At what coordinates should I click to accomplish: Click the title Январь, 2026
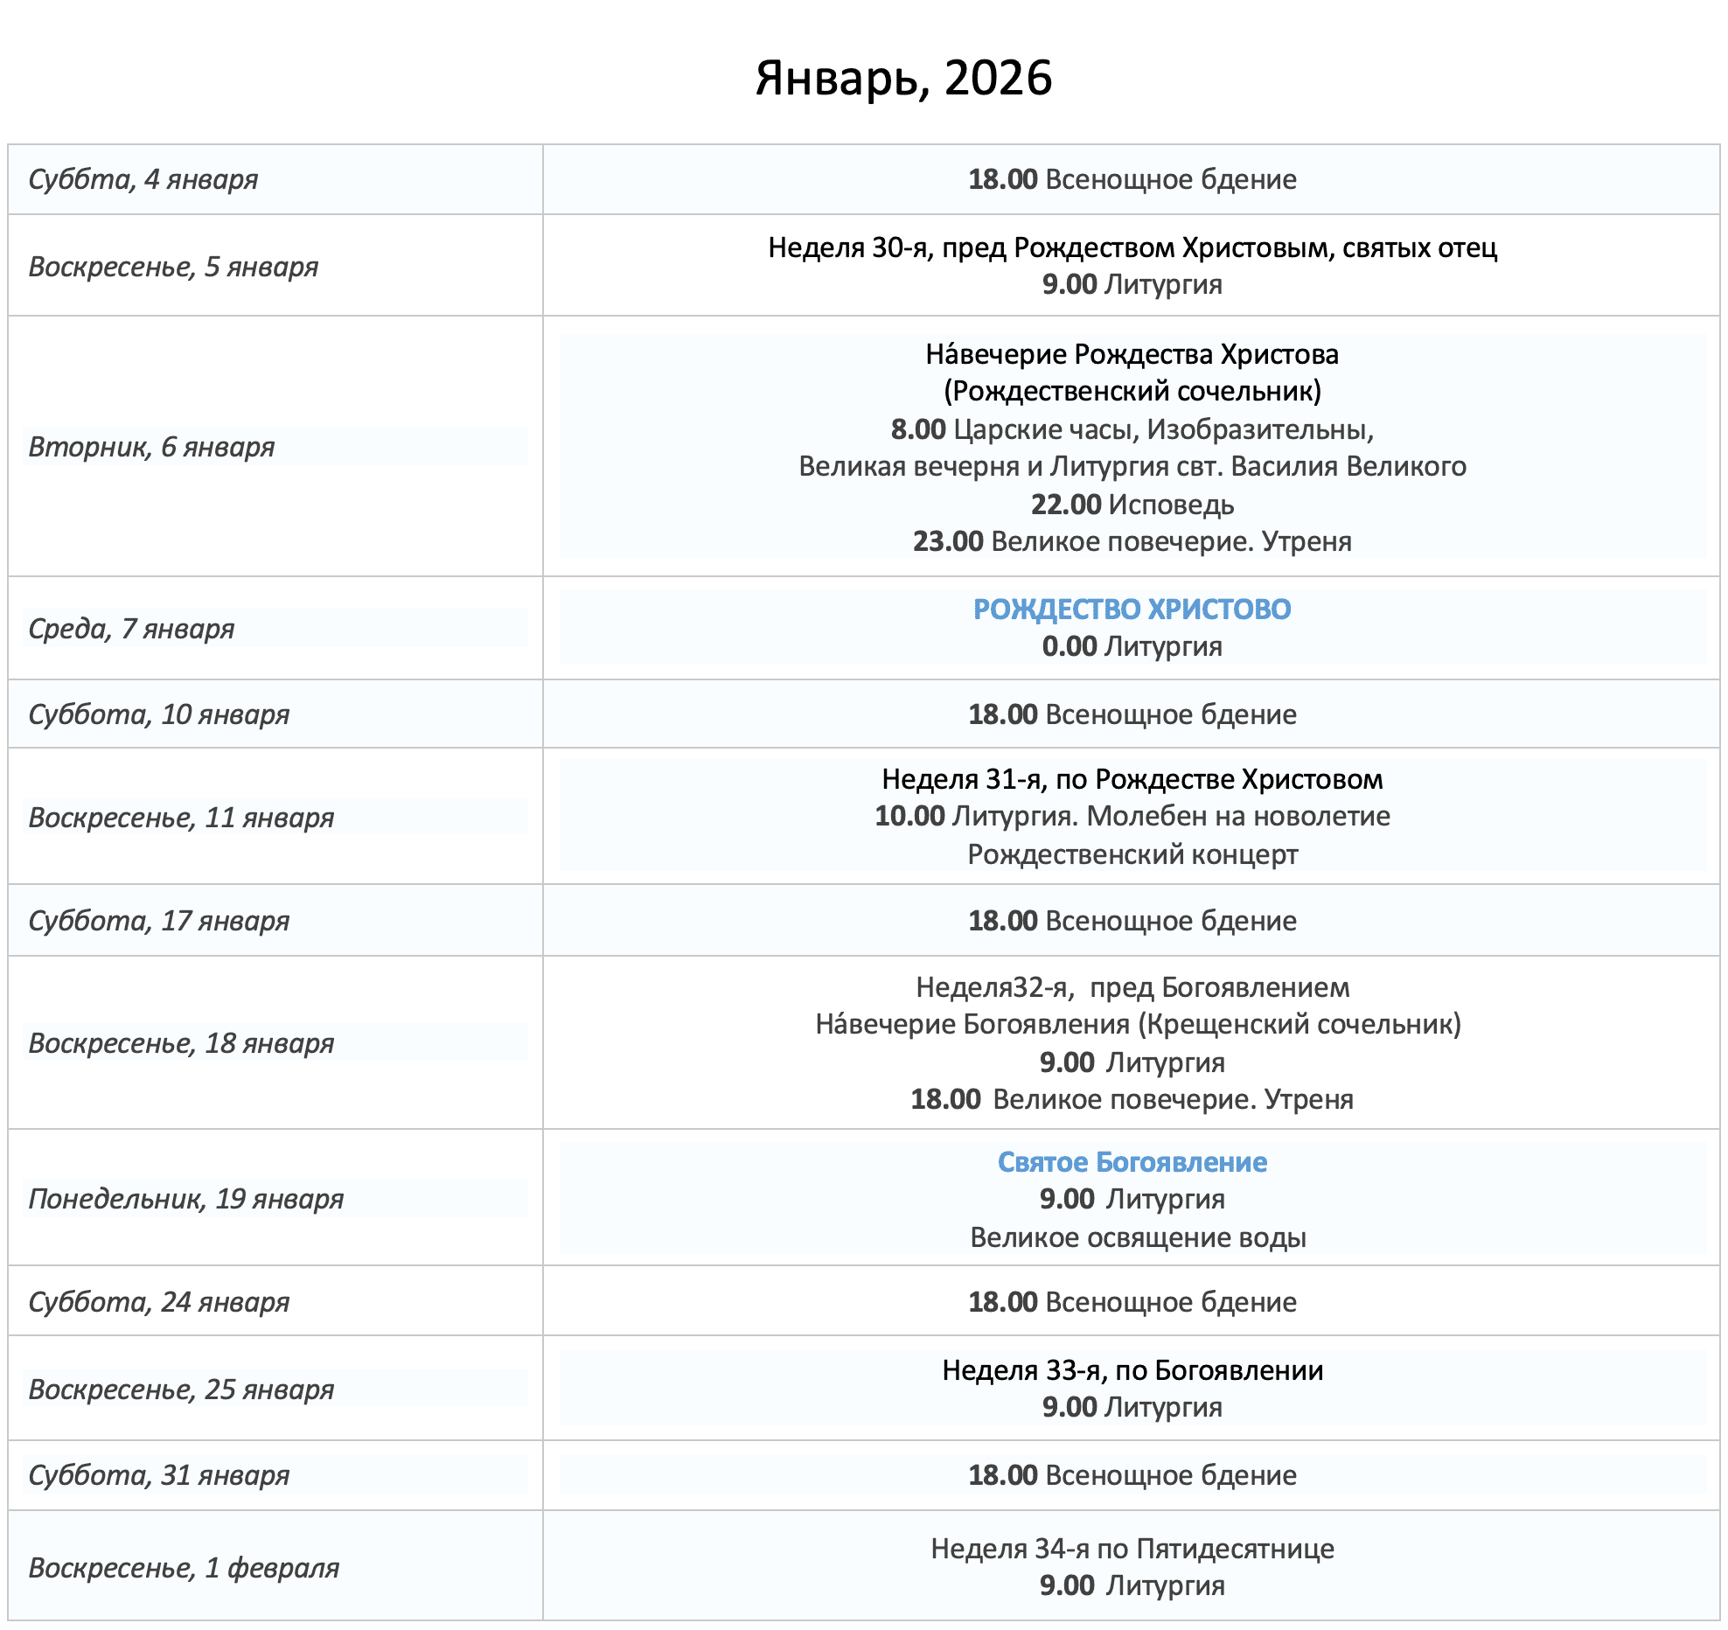pyautogui.click(x=903, y=78)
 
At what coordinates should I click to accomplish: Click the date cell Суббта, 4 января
pyautogui.click(x=143, y=179)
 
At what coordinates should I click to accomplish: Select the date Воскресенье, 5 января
pyautogui.click(x=173, y=267)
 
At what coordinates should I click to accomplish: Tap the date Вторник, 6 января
pyautogui.click(x=151, y=447)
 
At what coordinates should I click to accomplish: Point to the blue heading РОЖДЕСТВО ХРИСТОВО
pyautogui.click(x=1132, y=610)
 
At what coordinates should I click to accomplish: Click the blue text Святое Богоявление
pyautogui.click(x=1132, y=1162)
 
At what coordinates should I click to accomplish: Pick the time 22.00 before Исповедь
pyautogui.click(x=1065, y=505)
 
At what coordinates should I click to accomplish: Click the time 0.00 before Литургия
pyautogui.click(x=1069, y=647)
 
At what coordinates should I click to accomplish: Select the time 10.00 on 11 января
pyautogui.click(x=909, y=817)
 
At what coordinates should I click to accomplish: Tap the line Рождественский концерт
pyautogui.click(x=1132, y=854)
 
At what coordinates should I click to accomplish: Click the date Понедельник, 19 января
pyautogui.click(x=185, y=1199)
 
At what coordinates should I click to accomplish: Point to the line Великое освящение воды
pyautogui.click(x=1138, y=1238)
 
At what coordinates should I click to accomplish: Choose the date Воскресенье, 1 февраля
pyautogui.click(x=184, y=1568)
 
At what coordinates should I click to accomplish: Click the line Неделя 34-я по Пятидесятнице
pyautogui.click(x=1132, y=1549)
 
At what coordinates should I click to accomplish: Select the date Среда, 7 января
pyautogui.click(x=131, y=629)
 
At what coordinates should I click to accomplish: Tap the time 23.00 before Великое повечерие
pyautogui.click(x=948, y=542)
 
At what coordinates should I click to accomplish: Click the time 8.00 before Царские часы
pyautogui.click(x=918, y=429)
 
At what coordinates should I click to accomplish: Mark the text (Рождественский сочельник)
pyautogui.click(x=1132, y=391)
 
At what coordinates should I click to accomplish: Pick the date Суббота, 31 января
pyautogui.click(x=158, y=1475)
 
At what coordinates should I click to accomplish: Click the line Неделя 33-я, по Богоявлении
pyautogui.click(x=1132, y=1370)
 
